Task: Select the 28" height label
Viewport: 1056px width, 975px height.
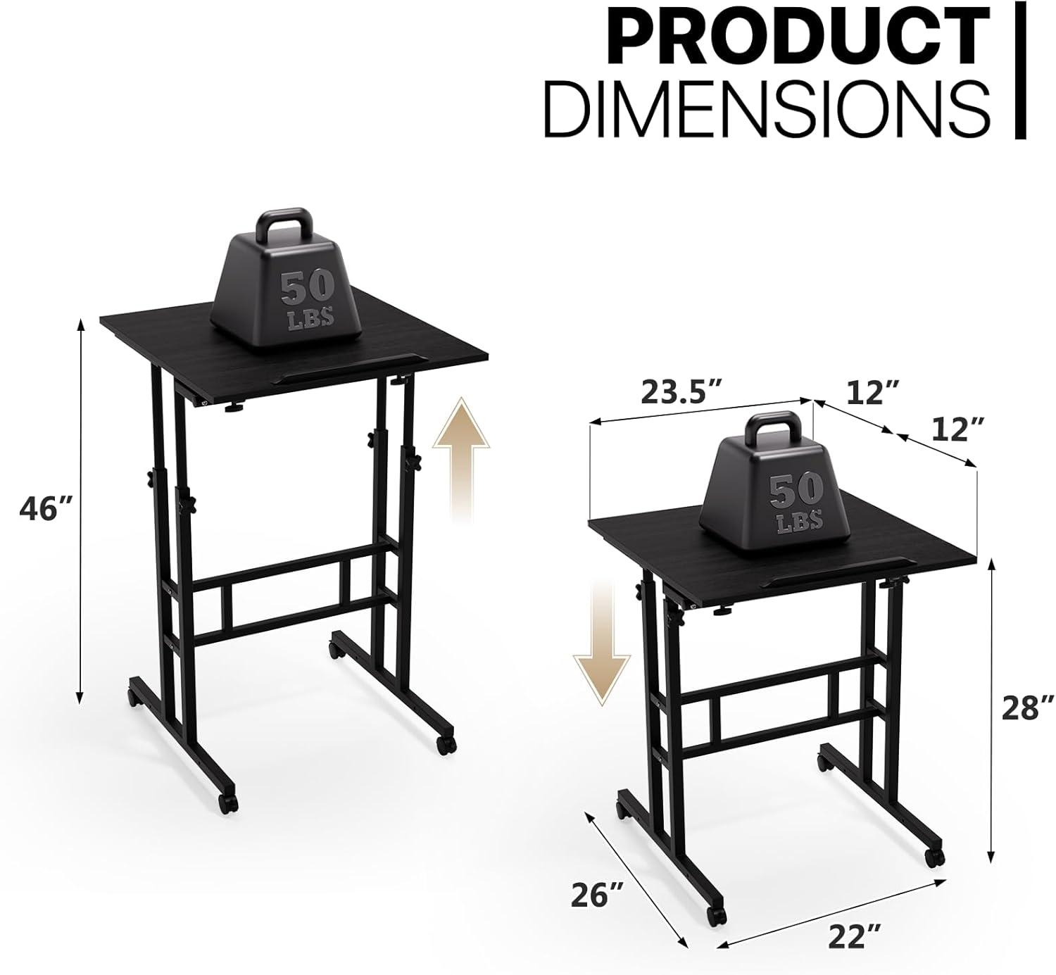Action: [1029, 707]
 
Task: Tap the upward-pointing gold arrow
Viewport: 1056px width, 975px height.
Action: [461, 458]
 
